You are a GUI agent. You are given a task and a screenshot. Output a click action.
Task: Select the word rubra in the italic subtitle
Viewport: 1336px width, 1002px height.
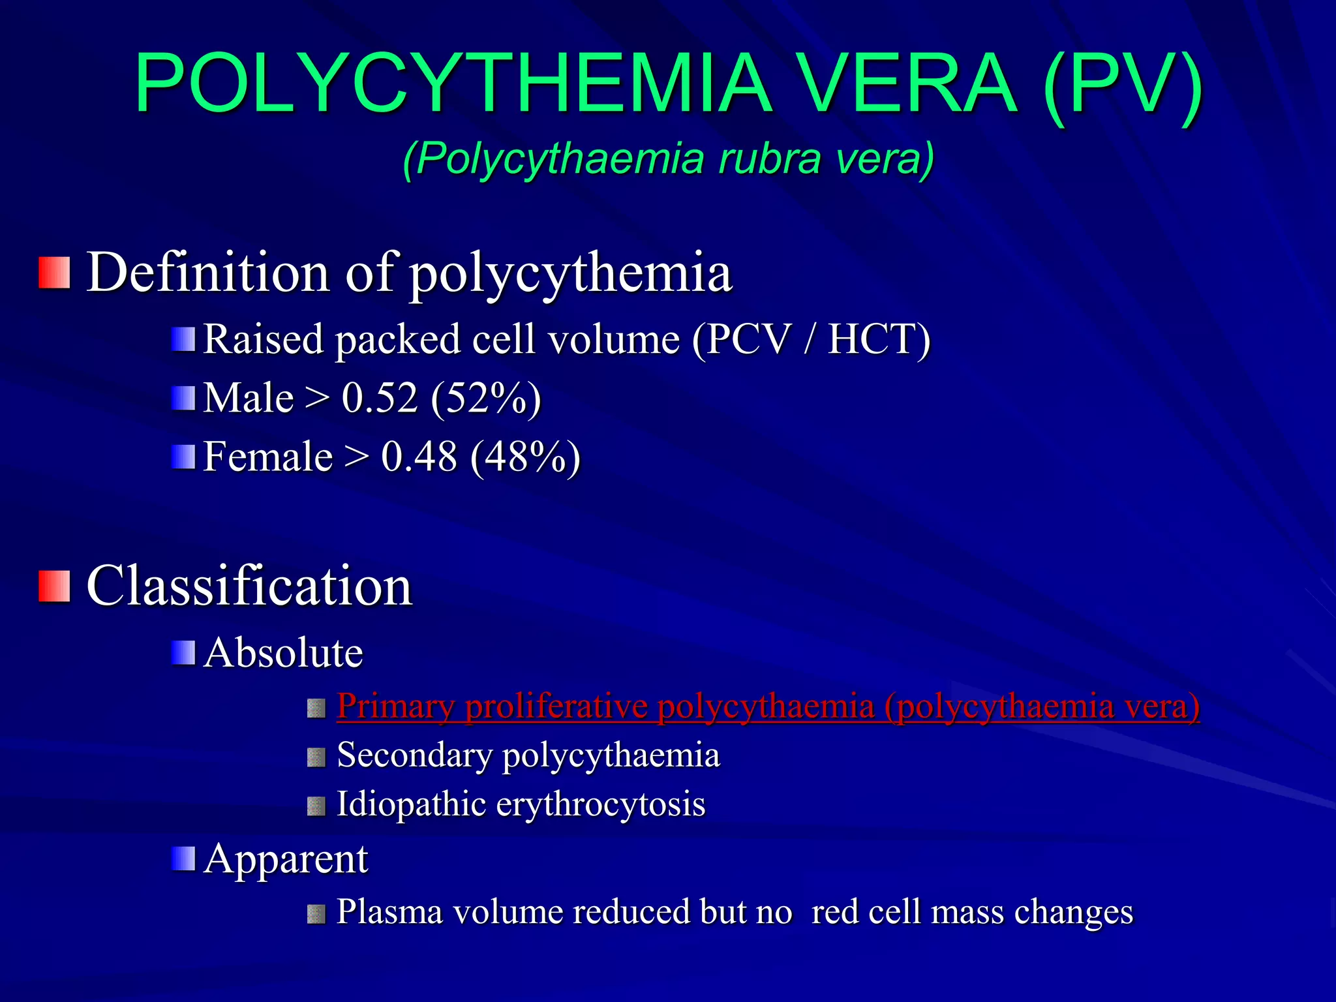click(x=769, y=159)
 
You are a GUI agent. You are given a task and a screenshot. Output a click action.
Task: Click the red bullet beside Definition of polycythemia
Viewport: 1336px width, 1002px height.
click(x=54, y=273)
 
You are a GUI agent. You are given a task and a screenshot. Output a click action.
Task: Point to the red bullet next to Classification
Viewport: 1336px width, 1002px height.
click(x=54, y=586)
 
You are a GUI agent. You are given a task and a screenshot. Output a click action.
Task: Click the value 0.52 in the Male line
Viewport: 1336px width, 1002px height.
click(x=380, y=398)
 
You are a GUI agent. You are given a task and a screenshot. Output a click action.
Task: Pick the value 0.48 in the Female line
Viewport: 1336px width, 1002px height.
click(x=419, y=457)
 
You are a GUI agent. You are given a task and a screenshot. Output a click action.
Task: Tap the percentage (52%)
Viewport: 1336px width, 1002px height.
click(x=487, y=398)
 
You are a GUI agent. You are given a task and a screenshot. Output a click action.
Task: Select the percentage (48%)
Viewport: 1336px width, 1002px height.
click(x=525, y=457)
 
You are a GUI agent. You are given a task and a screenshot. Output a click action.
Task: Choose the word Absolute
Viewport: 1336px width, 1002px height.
click(x=283, y=652)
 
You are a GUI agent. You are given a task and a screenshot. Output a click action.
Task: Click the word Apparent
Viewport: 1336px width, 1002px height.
click(x=286, y=859)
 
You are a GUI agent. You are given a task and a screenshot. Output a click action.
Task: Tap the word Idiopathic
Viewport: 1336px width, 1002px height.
click(x=411, y=804)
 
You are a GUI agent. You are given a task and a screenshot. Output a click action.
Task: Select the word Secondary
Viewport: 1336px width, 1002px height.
click(x=414, y=755)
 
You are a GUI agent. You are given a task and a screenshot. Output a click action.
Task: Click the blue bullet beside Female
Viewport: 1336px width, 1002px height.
click(x=183, y=457)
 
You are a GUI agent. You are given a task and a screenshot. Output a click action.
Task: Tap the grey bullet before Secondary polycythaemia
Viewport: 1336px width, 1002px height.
click(x=316, y=757)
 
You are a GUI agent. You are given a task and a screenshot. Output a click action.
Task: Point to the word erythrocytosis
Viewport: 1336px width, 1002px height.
click(x=601, y=804)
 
